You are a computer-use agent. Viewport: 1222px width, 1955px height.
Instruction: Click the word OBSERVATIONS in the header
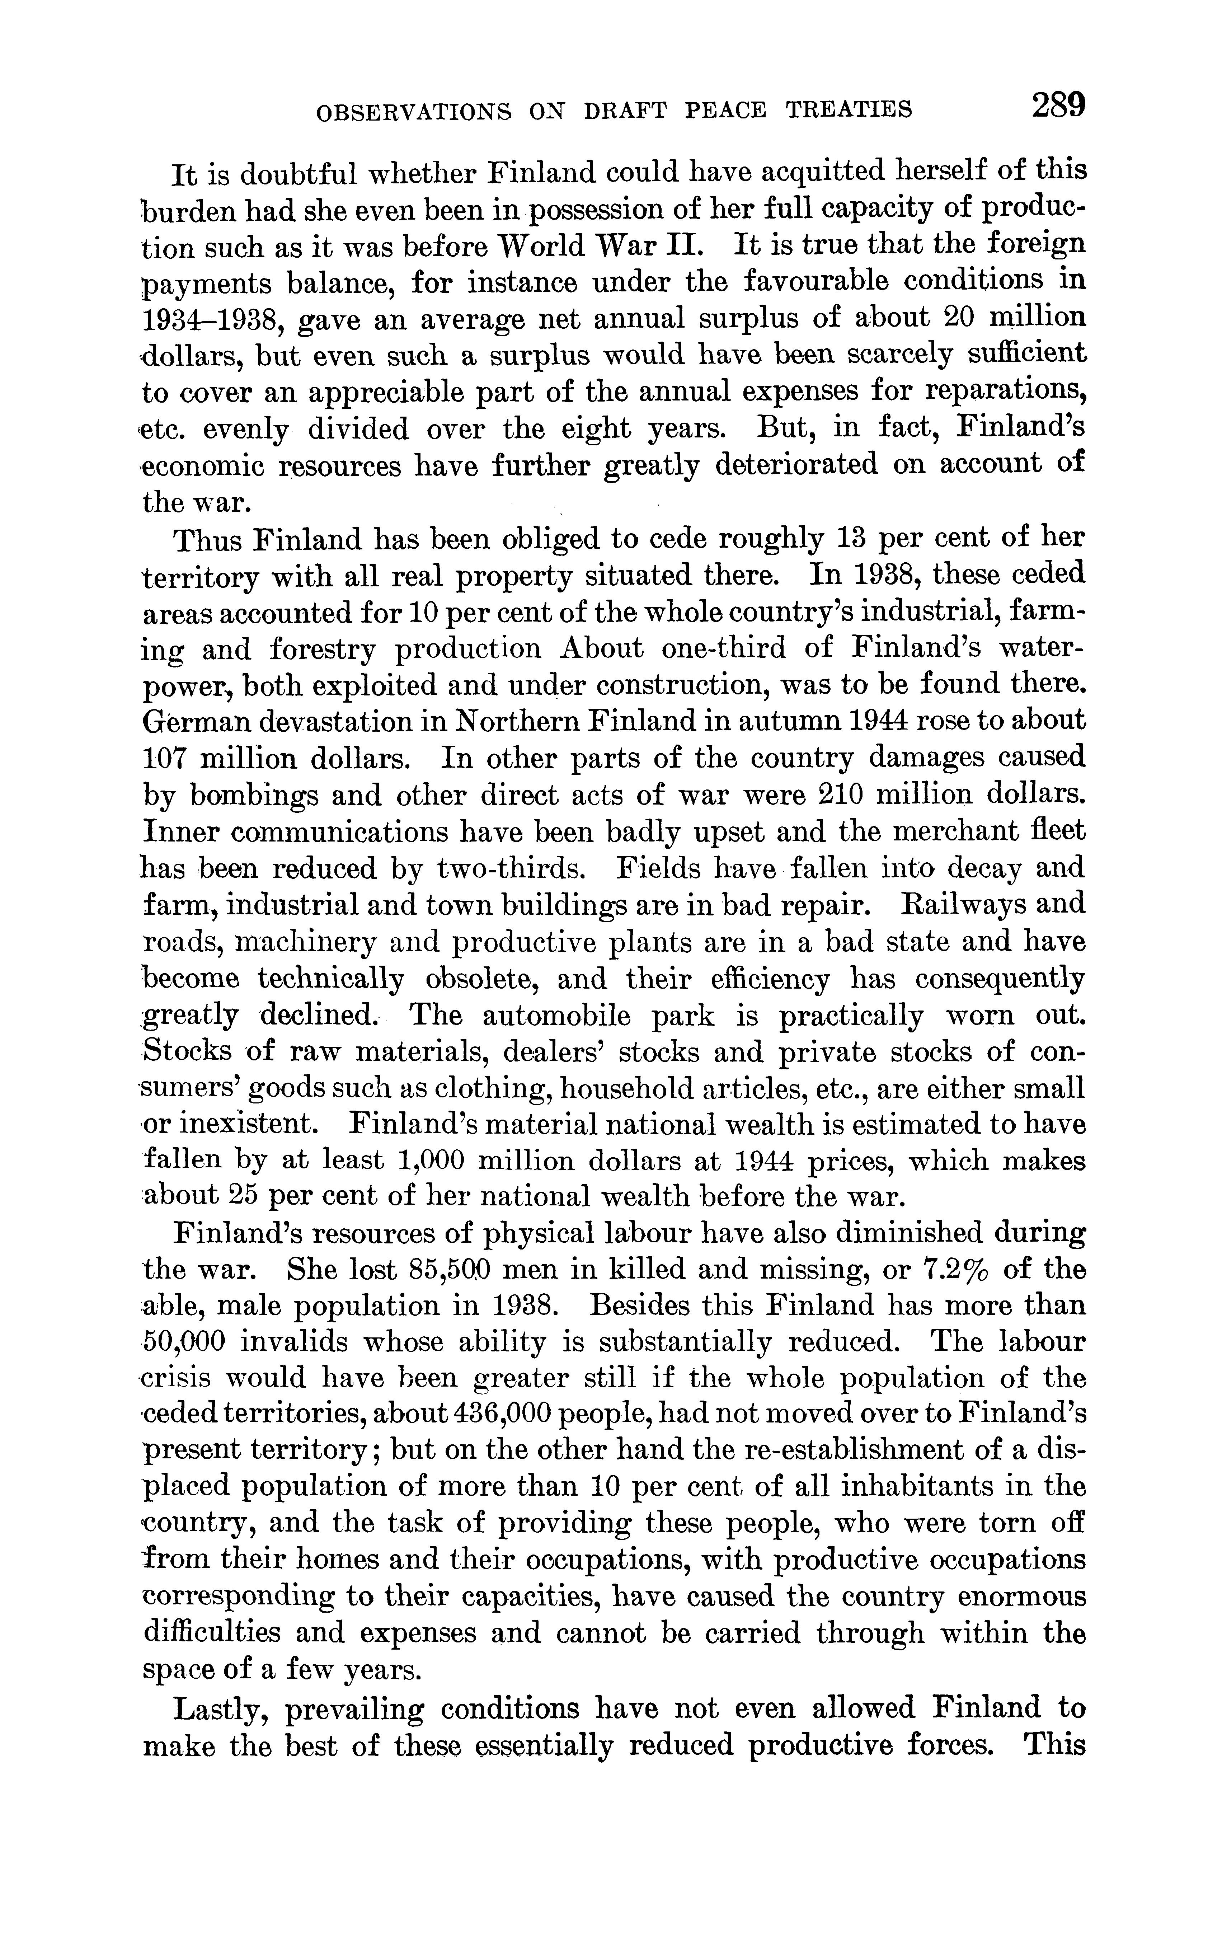pyautogui.click(x=414, y=110)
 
